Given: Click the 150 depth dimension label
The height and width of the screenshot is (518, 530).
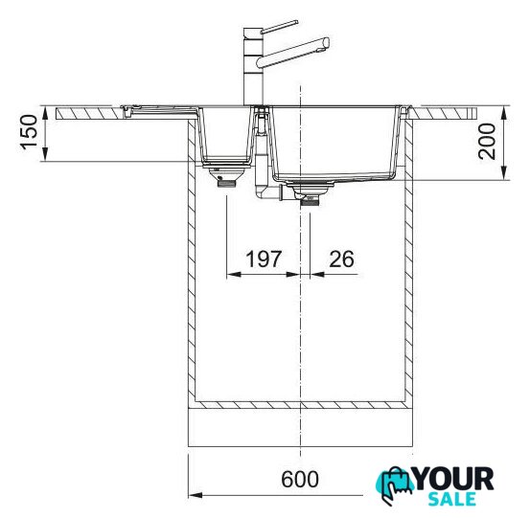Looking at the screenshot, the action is (x=29, y=132).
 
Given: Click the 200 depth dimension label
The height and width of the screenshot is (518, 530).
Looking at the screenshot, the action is (x=487, y=142).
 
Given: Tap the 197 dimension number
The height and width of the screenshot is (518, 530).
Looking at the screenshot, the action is (x=264, y=259).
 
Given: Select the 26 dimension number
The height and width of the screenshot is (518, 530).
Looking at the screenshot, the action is (x=342, y=259).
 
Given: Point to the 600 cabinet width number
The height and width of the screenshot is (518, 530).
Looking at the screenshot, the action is (x=300, y=479).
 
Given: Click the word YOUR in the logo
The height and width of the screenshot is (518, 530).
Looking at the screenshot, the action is (x=454, y=479).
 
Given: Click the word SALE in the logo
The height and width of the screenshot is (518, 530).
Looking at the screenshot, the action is (x=452, y=500).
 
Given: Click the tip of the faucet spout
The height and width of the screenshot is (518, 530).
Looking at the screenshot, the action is (x=326, y=44).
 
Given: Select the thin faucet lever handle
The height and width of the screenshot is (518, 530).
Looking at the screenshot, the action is (x=279, y=27).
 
